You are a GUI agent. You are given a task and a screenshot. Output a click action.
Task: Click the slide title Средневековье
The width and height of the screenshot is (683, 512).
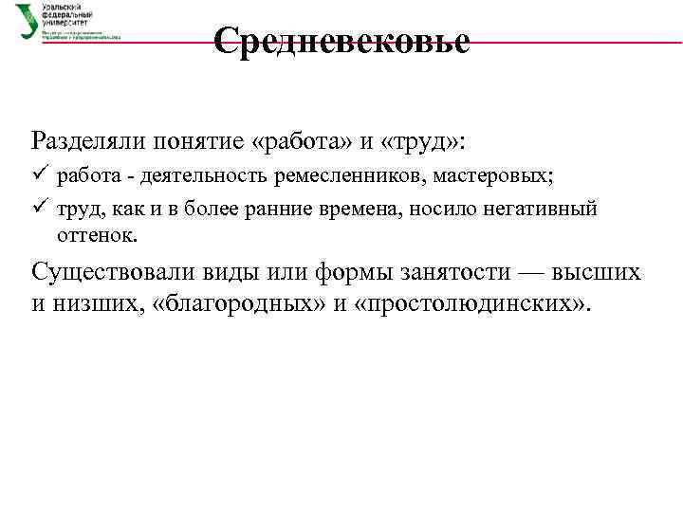pos(341,42)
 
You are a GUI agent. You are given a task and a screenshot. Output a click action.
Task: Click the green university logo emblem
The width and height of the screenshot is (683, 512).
pos(28,21)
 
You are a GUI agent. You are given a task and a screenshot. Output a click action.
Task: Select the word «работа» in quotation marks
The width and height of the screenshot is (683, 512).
pos(305,141)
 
